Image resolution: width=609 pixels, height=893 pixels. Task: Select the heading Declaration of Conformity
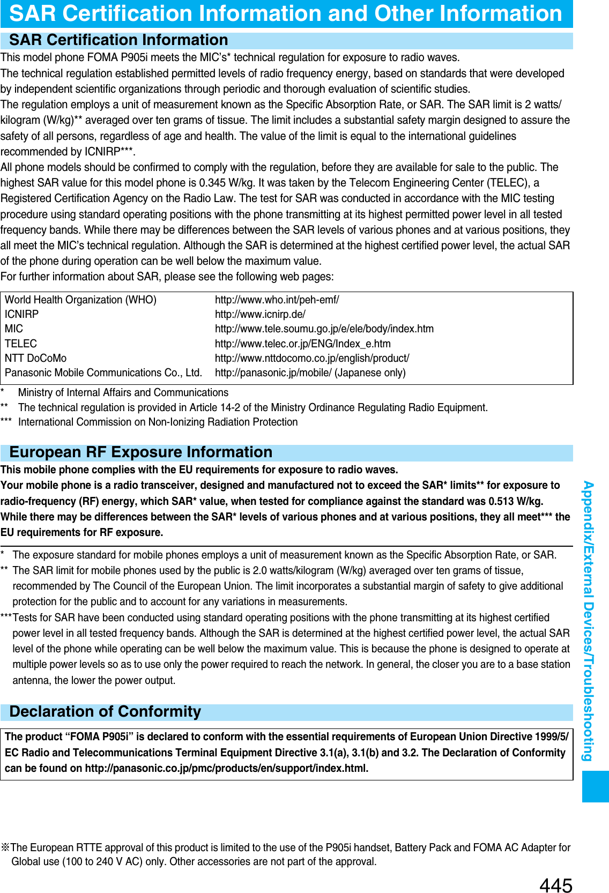105,712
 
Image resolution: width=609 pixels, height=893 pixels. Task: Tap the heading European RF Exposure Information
140,452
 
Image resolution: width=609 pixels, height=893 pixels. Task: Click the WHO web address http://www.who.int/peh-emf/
277,300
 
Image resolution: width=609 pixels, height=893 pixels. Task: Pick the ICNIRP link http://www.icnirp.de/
260,314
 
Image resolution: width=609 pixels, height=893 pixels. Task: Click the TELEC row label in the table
21,344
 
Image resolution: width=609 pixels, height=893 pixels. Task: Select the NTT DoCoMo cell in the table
35,358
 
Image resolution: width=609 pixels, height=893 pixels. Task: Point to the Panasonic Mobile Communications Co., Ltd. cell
103,373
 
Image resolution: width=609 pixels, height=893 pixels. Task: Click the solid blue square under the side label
595,786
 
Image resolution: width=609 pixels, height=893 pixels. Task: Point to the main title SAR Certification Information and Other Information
286,13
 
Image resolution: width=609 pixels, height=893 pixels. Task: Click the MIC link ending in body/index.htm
324,329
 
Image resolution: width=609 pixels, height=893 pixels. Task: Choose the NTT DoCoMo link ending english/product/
312,358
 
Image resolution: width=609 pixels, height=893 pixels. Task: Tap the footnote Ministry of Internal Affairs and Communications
123,392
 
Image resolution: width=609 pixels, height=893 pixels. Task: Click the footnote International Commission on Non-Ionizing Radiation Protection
158,422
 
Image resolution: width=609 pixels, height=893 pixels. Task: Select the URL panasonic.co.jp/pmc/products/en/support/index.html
226,768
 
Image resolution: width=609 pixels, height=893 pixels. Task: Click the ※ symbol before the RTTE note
5,847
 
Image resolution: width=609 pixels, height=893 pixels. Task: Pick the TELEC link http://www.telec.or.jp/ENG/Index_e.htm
302,344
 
